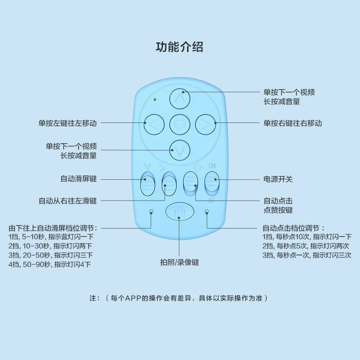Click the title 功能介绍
[180, 47]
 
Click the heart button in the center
[180, 123]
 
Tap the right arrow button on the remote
[206, 123]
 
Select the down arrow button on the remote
[180, 149]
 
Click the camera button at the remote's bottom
[180, 212]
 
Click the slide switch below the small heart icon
[191, 184]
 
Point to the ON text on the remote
[212, 166]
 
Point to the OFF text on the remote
[212, 201]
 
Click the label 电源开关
[278, 179]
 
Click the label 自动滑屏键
[79, 179]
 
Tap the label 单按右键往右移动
[293, 123]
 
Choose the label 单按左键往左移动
[67, 123]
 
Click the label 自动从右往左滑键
[67, 201]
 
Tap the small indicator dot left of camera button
[151, 212]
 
